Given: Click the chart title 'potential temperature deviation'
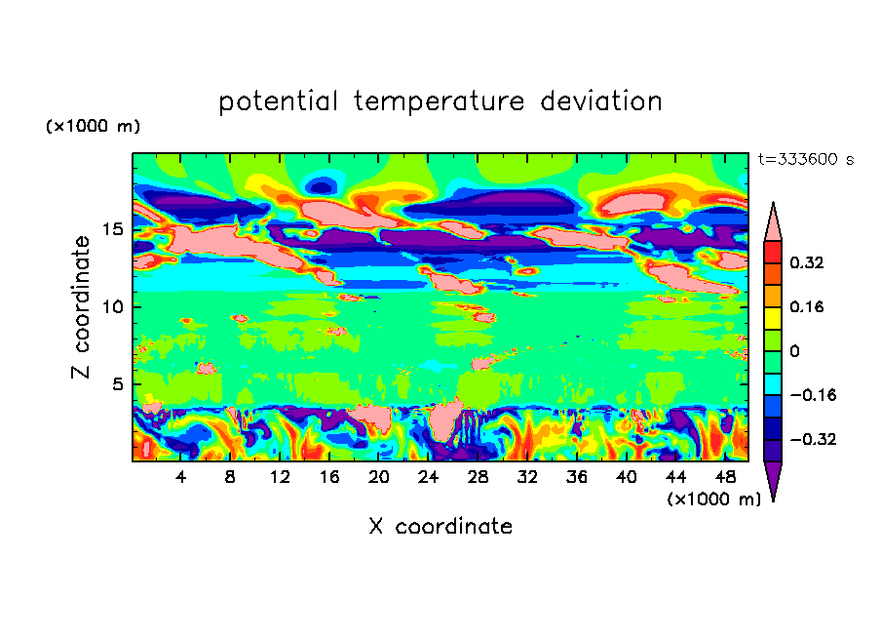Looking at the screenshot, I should [x=440, y=101].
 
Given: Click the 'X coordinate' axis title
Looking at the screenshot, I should [x=440, y=527].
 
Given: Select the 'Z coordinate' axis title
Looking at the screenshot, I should [x=82, y=307].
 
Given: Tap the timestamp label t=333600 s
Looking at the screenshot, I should [x=805, y=160].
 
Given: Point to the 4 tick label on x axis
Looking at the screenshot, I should [x=181, y=477].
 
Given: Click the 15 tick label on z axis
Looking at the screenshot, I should [x=113, y=230].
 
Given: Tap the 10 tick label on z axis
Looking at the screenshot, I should [x=113, y=307].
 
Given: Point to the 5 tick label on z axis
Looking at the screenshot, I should [x=118, y=384].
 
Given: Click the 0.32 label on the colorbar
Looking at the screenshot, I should [x=807, y=262].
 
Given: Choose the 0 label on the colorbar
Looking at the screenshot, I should [x=794, y=351].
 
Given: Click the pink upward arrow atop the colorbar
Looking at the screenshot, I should [x=773, y=222].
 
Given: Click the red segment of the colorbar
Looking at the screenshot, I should [x=773, y=252].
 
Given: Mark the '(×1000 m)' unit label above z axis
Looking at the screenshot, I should [x=93, y=127].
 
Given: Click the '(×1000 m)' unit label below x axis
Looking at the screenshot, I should [x=713, y=499].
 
